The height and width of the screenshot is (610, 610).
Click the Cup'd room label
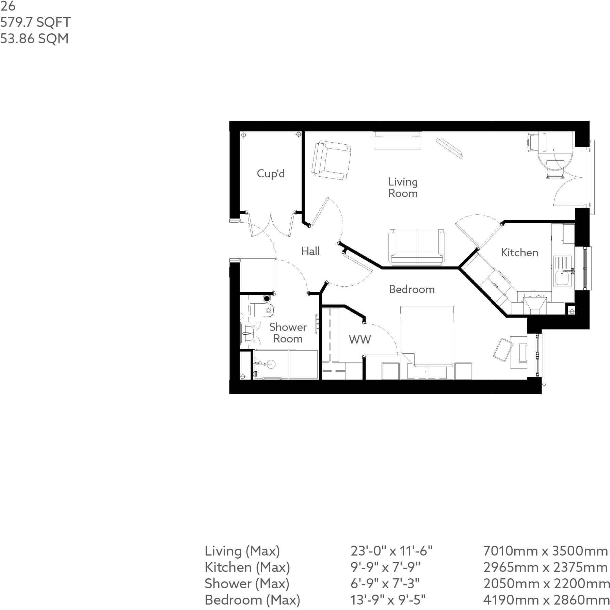[x=271, y=174]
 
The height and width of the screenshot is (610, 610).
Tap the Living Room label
[x=403, y=188]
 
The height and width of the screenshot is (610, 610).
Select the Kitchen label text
[x=519, y=253]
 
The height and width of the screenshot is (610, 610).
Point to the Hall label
[x=310, y=252]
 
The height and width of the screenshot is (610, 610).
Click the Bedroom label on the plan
[x=412, y=289]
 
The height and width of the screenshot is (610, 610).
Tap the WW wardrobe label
[x=360, y=339]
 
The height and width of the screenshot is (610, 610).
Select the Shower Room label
[x=288, y=333]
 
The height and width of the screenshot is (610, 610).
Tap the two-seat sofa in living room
[x=417, y=247]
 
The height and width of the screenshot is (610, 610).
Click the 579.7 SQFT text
[x=35, y=22]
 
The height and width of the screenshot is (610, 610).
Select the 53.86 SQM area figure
[x=34, y=39]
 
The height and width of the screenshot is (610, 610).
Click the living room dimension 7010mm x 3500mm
[x=545, y=551]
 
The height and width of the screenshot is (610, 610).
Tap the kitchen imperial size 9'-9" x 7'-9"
[x=385, y=567]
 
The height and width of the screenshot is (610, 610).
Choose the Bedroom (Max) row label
[x=252, y=599]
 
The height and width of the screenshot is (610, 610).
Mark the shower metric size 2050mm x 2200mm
[x=546, y=583]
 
